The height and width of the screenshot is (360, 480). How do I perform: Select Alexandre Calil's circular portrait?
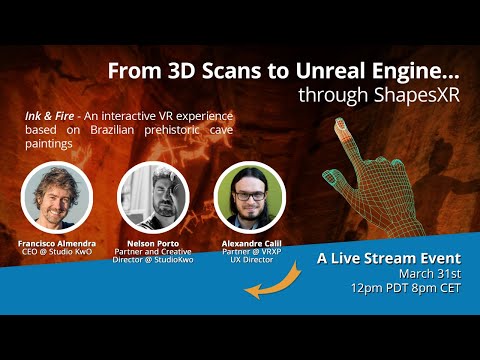[x=249, y=197]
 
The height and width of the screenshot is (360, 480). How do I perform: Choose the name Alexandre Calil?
[x=249, y=243]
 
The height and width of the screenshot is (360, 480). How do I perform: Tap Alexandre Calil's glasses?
[x=249, y=188]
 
